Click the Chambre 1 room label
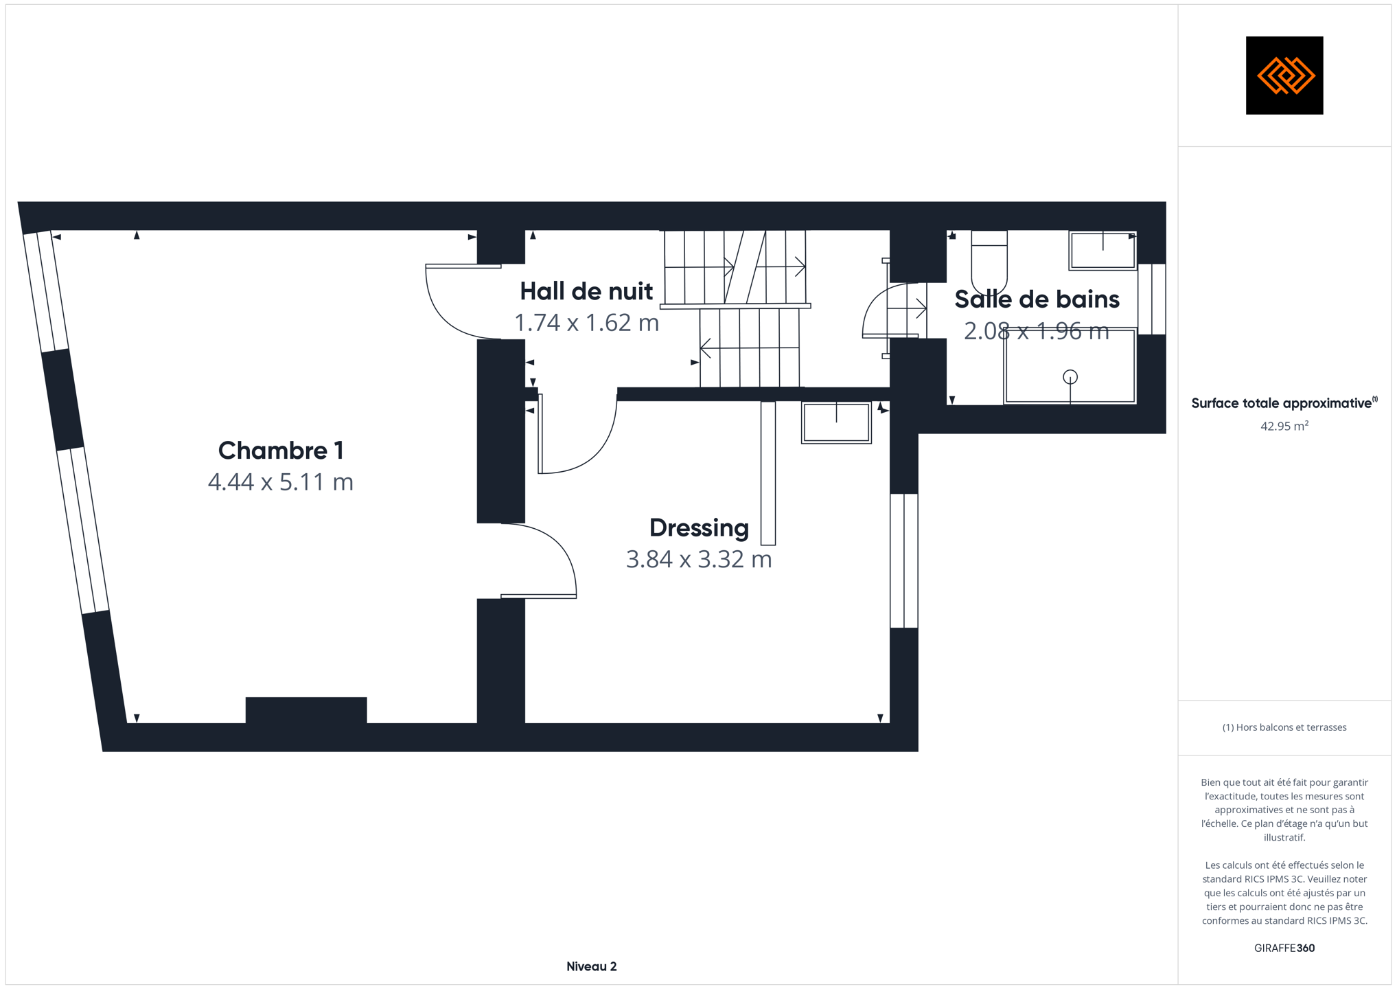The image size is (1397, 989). coord(281,451)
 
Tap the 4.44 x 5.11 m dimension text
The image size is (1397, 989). coord(281,482)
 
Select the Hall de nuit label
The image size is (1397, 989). coord(586,291)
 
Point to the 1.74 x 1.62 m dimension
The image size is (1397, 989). coord(586,323)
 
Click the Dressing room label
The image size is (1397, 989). coord(699,528)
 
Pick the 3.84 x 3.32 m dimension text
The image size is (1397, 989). coord(699,559)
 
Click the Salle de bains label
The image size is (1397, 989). coord(1037,299)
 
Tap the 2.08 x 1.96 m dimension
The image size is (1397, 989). coord(1037,331)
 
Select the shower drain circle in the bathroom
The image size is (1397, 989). coord(1070,377)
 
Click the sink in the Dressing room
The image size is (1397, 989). coord(836,422)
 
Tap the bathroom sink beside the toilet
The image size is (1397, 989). coord(1102,251)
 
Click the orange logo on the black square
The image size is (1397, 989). coord(1285,76)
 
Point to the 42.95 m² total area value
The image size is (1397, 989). coord(1284,426)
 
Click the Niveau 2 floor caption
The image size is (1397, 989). coord(592,966)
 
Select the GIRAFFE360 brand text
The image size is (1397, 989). coord(1284,948)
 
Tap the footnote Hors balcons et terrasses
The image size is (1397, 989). coord(1284,727)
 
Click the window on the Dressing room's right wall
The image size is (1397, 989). coord(904,560)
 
